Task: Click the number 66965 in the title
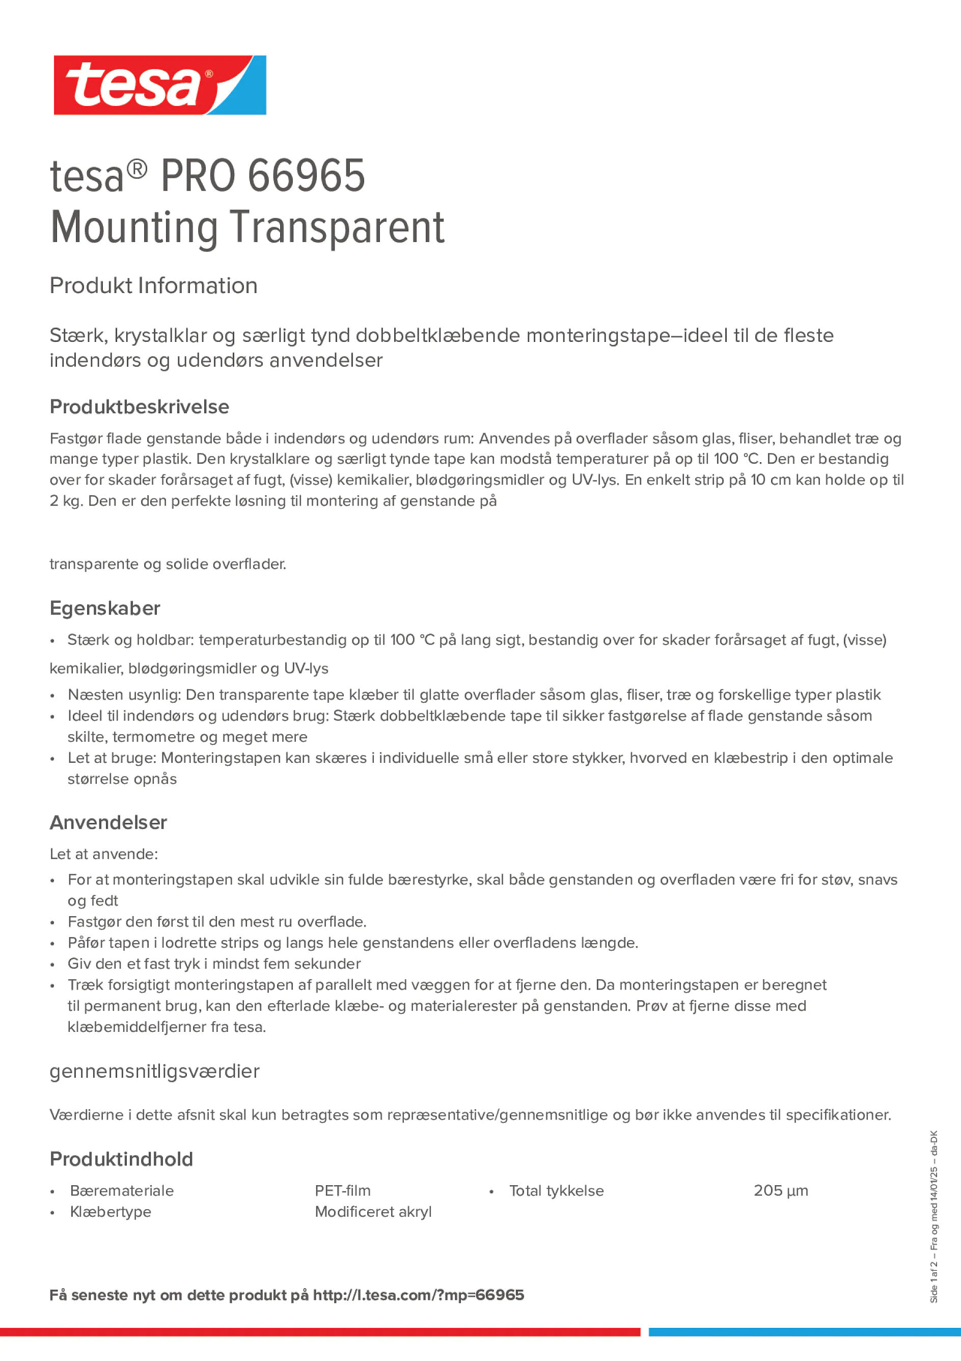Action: click(306, 176)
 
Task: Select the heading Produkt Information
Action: click(153, 286)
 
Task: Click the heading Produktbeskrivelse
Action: click(139, 407)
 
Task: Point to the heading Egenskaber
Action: click(105, 608)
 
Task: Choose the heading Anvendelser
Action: click(108, 822)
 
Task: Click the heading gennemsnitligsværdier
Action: click(155, 1071)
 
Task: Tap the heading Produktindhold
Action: click(121, 1159)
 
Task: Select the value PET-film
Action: click(342, 1190)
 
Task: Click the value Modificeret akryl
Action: click(373, 1212)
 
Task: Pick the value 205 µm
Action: click(781, 1190)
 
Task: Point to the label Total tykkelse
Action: click(556, 1191)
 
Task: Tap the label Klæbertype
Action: click(111, 1212)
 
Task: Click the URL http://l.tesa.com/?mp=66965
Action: click(418, 1295)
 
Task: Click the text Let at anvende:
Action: click(104, 853)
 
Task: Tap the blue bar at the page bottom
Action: click(804, 1332)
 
